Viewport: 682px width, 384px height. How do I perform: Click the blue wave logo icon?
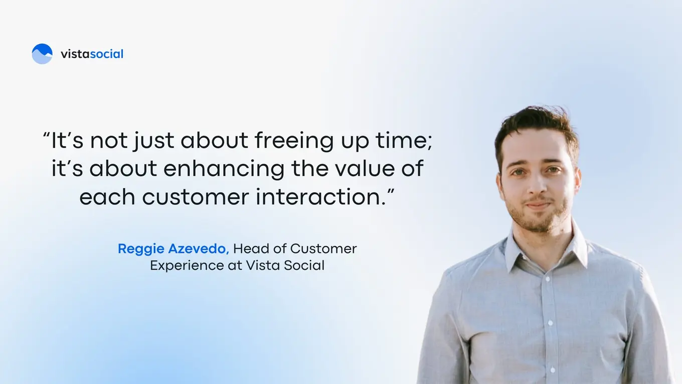point(42,54)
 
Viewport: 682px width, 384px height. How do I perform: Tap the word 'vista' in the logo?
point(75,54)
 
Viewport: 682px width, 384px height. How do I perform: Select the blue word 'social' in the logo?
point(106,54)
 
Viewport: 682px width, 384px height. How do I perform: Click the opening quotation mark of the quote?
point(46,136)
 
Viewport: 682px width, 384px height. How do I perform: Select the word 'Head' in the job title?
point(248,248)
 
